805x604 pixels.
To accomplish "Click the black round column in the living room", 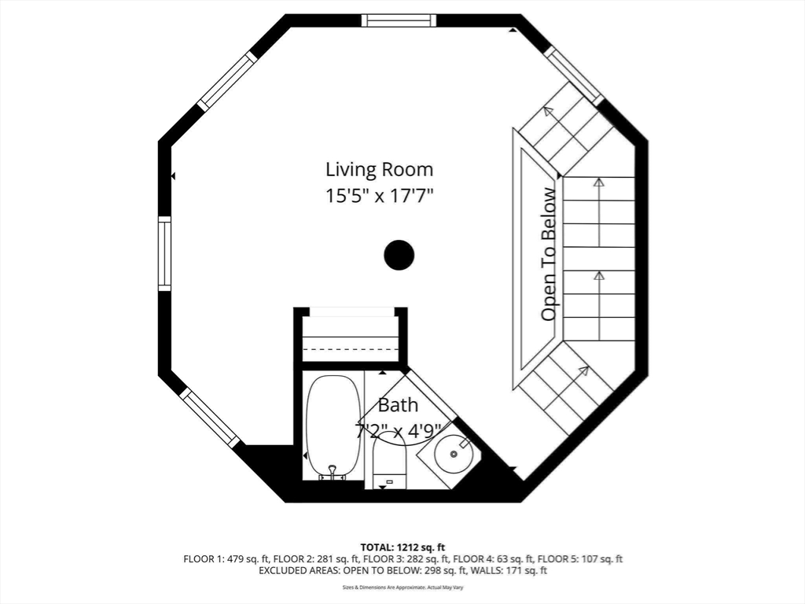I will click(399, 255).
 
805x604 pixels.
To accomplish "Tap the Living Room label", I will click(379, 169).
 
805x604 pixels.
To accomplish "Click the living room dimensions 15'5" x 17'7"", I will click(379, 196).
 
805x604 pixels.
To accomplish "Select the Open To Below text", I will click(549, 254).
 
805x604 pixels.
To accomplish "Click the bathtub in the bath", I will click(333, 425).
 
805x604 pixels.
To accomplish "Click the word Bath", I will click(398, 406).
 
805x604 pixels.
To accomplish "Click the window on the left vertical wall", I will click(164, 254).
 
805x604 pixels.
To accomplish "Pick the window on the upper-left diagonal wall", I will click(227, 80).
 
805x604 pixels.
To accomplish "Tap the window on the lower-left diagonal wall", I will click(210, 418).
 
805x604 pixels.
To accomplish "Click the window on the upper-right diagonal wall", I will click(574, 75).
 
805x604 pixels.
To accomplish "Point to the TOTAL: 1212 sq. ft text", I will click(402, 547).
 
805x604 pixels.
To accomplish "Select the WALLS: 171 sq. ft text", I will click(514, 570).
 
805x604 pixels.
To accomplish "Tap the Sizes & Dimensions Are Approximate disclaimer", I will click(402, 587).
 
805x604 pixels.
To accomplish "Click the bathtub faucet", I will click(332, 472).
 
